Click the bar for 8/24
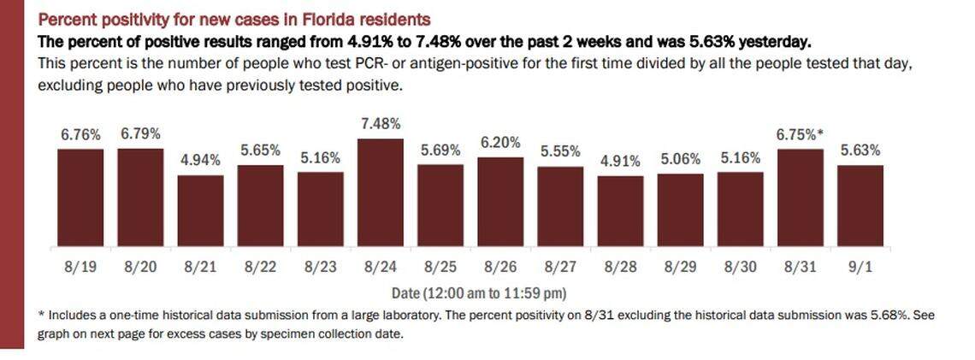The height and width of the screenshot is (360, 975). click(x=380, y=192)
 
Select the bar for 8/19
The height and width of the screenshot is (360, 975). click(x=80, y=198)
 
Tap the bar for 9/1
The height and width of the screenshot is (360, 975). click(x=860, y=205)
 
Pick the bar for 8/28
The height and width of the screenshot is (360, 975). click(x=620, y=211)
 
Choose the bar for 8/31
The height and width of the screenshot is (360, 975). click(x=800, y=198)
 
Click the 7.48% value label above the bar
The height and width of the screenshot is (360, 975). click(x=380, y=124)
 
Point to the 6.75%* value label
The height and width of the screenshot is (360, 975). click(x=800, y=134)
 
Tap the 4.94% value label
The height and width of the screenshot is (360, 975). click(x=200, y=160)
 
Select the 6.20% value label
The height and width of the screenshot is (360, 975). click(x=500, y=143)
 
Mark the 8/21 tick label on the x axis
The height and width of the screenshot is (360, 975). click(x=200, y=266)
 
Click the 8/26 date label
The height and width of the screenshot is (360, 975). click(x=500, y=266)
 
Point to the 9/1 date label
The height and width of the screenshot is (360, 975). click(x=860, y=266)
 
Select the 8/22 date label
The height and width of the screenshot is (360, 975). click(x=260, y=266)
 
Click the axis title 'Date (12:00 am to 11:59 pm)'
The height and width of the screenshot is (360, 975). click(x=472, y=291)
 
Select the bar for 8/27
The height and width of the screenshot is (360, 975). click(x=560, y=206)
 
